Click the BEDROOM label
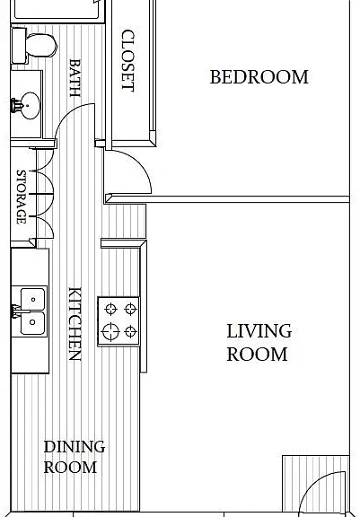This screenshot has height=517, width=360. point(259,77)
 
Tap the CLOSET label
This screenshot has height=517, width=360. point(128,60)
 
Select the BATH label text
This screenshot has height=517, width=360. point(75,78)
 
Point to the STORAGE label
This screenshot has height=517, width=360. point(22,197)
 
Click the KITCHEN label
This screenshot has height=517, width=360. point(75,324)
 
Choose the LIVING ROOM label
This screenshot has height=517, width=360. point(259,343)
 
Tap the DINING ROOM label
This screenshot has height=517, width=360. point(75,457)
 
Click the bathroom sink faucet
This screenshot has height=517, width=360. point(16,106)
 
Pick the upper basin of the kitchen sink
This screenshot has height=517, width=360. point(32,299)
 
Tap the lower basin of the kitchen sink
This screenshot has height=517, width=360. point(32,323)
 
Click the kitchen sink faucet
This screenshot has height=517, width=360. point(15,311)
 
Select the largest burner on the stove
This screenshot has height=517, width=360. point(110,331)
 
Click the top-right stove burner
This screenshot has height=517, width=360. point(130,309)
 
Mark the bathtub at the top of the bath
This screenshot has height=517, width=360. point(57,9)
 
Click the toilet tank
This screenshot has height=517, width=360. point(19,46)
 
